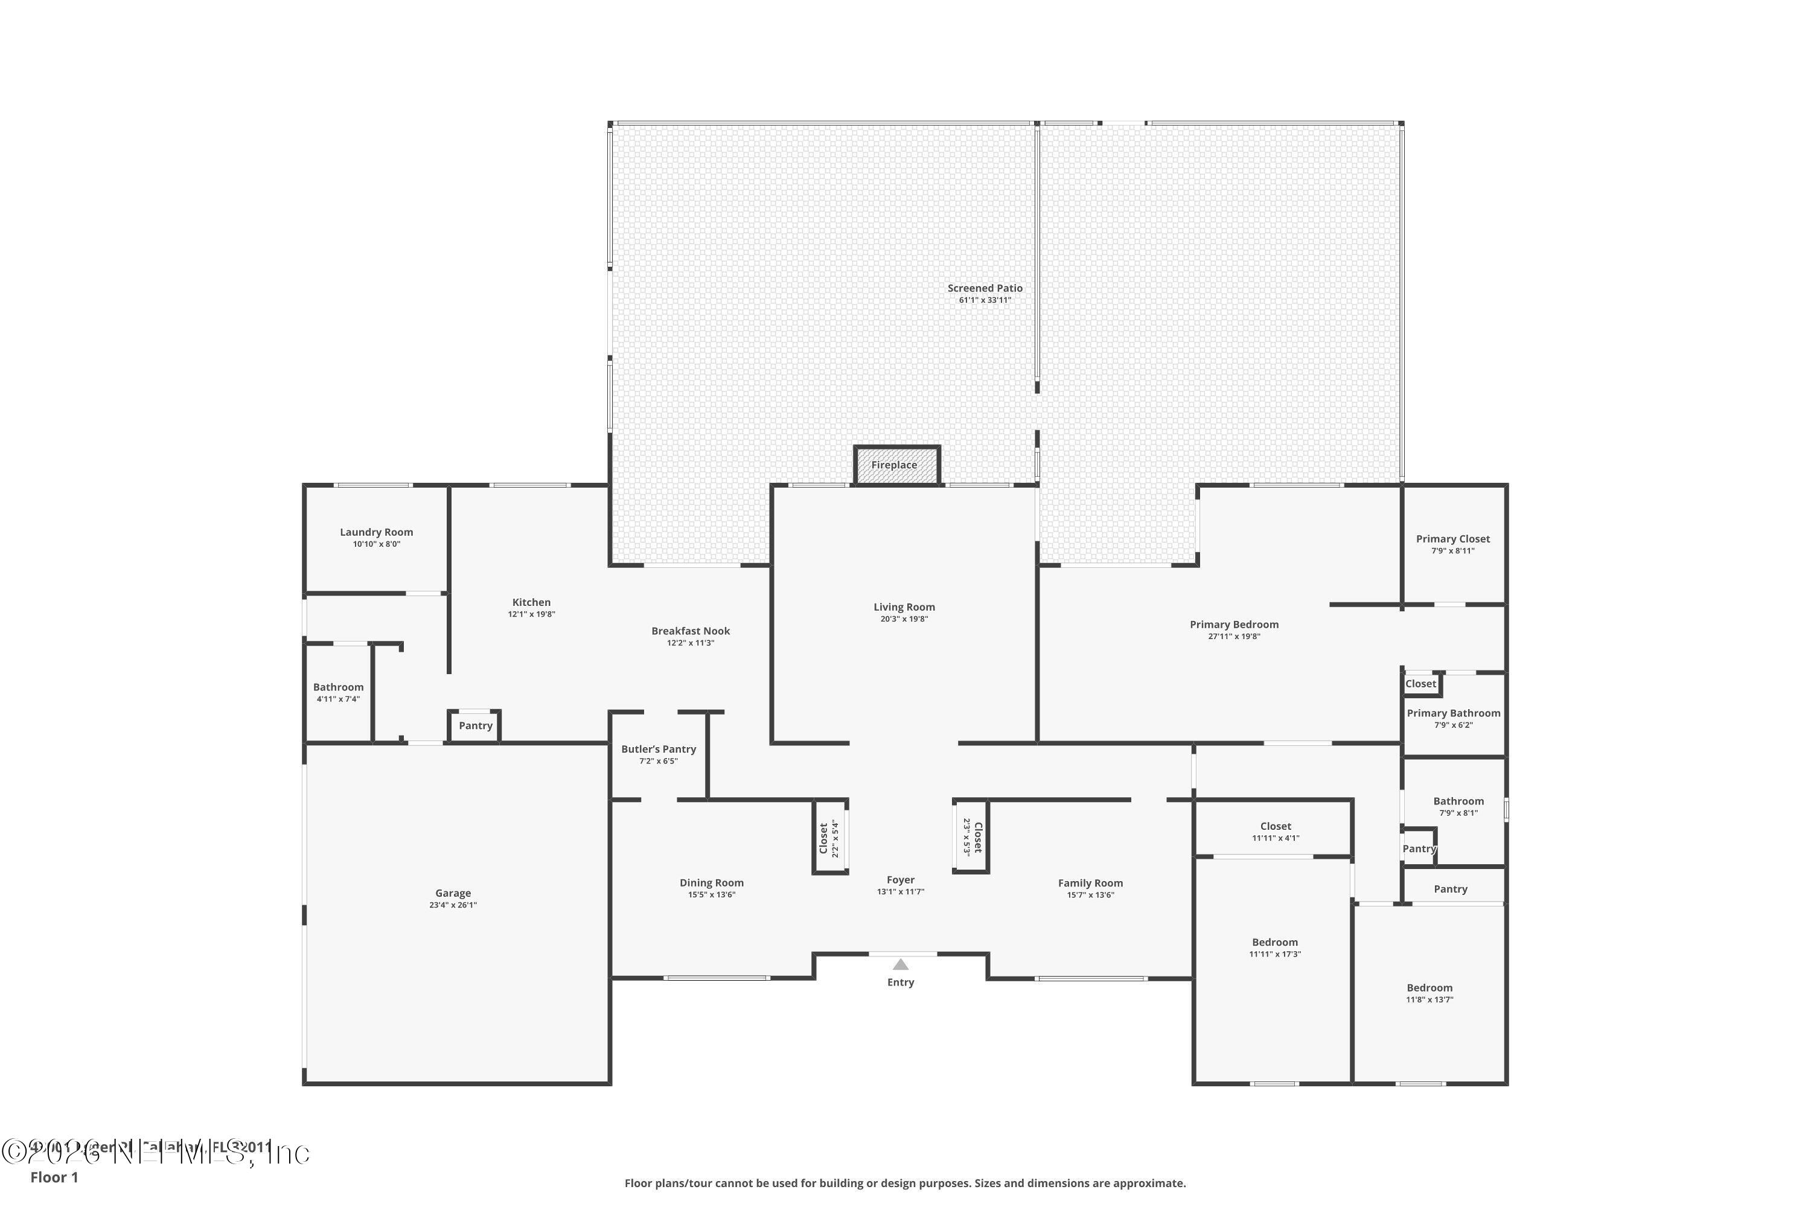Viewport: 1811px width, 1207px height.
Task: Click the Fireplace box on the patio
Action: (896, 466)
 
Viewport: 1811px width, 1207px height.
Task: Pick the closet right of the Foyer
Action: (973, 836)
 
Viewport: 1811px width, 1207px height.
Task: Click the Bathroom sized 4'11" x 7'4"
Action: (338, 693)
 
